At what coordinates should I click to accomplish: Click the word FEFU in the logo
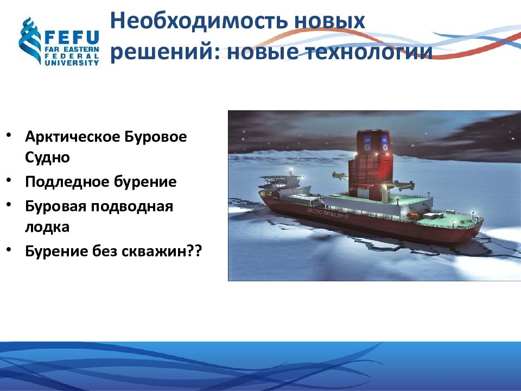tap(72, 37)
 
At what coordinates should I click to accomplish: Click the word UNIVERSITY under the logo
tap(72, 62)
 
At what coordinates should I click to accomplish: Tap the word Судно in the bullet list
tap(47, 157)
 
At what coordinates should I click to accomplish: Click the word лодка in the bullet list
tap(47, 227)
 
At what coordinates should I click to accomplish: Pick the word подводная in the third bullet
tap(132, 206)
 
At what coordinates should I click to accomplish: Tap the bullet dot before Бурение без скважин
tap(9, 249)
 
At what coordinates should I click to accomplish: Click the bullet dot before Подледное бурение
tap(9, 180)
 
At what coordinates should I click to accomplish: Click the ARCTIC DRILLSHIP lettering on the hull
tap(328, 213)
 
